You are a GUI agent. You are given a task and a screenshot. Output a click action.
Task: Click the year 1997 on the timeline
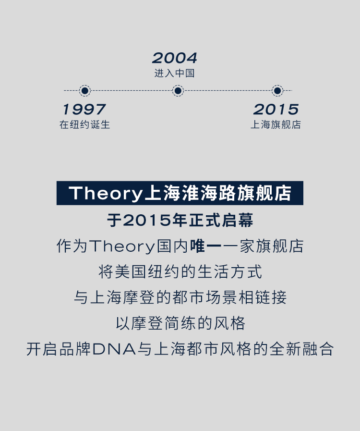pos(84,110)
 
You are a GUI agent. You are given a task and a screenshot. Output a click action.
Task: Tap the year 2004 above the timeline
pos(175,58)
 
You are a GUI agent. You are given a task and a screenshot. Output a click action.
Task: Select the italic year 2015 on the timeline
pos(276,110)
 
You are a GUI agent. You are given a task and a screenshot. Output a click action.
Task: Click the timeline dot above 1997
pos(85,90)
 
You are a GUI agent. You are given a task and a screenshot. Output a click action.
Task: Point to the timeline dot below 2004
pos(178,90)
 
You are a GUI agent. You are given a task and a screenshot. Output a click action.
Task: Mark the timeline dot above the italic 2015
pos(277,90)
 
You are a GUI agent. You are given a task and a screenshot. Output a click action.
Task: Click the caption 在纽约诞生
pos(84,124)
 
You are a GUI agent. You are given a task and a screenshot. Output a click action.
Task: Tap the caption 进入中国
pos(175,73)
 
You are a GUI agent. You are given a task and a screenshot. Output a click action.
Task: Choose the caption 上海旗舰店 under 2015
pos(276,124)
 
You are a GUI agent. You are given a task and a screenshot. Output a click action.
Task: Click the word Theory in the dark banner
pos(106,193)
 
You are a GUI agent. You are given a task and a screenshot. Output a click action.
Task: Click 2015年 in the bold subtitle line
pos(155,220)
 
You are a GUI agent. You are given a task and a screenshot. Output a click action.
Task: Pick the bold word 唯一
pos(206,246)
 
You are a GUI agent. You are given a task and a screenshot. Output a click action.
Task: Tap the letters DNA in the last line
pos(114,349)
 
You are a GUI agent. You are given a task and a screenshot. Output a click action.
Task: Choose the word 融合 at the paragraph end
pos(318,349)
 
